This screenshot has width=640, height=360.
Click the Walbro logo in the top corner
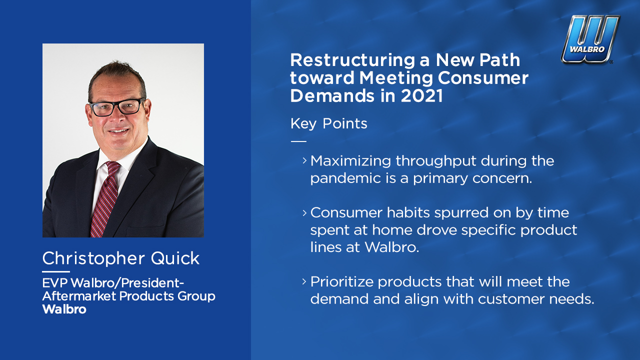(590, 39)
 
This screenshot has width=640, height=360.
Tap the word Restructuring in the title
(352, 61)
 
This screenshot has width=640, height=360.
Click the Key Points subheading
(328, 124)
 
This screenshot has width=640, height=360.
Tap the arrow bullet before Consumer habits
(304, 213)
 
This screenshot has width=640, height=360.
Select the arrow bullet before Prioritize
(304, 281)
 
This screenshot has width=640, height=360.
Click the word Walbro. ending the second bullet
(392, 247)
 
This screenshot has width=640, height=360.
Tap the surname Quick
(175, 258)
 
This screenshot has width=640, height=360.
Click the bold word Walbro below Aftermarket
(64, 309)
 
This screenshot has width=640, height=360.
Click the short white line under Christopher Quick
(56, 271)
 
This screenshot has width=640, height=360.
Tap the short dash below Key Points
(298, 141)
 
